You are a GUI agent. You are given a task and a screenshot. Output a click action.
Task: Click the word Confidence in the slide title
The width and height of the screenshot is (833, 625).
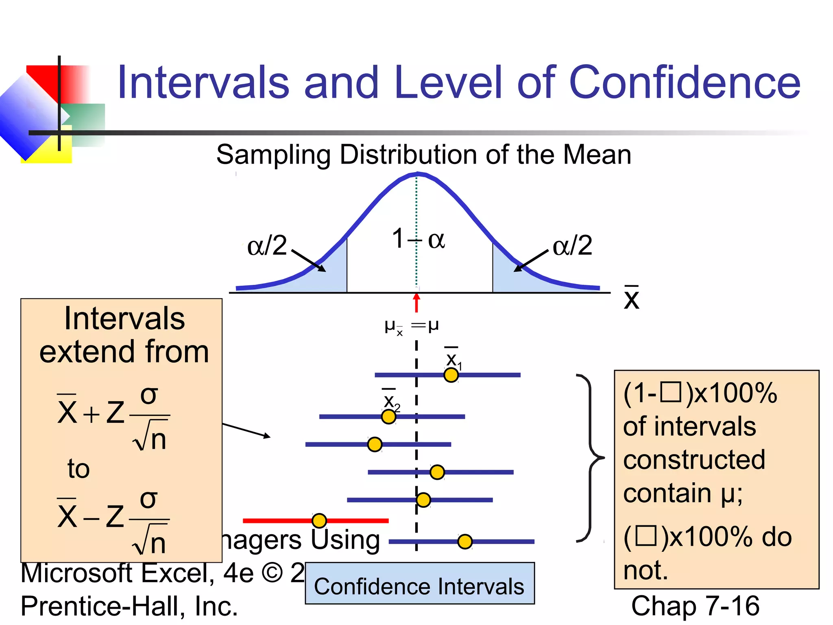(685, 83)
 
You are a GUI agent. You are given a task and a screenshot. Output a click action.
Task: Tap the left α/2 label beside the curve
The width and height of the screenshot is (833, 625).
(267, 245)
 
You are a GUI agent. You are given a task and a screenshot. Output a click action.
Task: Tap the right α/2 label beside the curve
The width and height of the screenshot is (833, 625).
(572, 245)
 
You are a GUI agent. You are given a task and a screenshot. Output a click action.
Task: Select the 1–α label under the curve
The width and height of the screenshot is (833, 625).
(418, 239)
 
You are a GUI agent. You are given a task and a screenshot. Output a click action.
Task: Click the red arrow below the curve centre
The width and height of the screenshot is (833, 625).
(416, 303)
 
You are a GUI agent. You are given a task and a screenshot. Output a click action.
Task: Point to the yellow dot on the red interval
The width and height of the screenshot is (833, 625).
(319, 520)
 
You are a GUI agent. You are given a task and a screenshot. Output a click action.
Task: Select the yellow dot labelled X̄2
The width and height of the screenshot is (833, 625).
(389, 417)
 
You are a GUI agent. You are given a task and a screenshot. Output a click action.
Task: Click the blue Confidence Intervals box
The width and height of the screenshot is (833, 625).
(419, 583)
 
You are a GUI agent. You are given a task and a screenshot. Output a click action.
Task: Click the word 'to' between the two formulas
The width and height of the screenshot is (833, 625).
(79, 469)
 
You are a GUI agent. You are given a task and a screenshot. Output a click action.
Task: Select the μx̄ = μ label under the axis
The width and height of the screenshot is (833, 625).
(411, 326)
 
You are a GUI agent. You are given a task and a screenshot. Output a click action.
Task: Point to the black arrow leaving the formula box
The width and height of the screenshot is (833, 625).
(246, 431)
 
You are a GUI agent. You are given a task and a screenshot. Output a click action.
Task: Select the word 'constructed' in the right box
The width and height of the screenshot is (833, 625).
(694, 460)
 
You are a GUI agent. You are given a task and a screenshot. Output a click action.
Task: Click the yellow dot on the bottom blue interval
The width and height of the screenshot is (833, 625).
(465, 542)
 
